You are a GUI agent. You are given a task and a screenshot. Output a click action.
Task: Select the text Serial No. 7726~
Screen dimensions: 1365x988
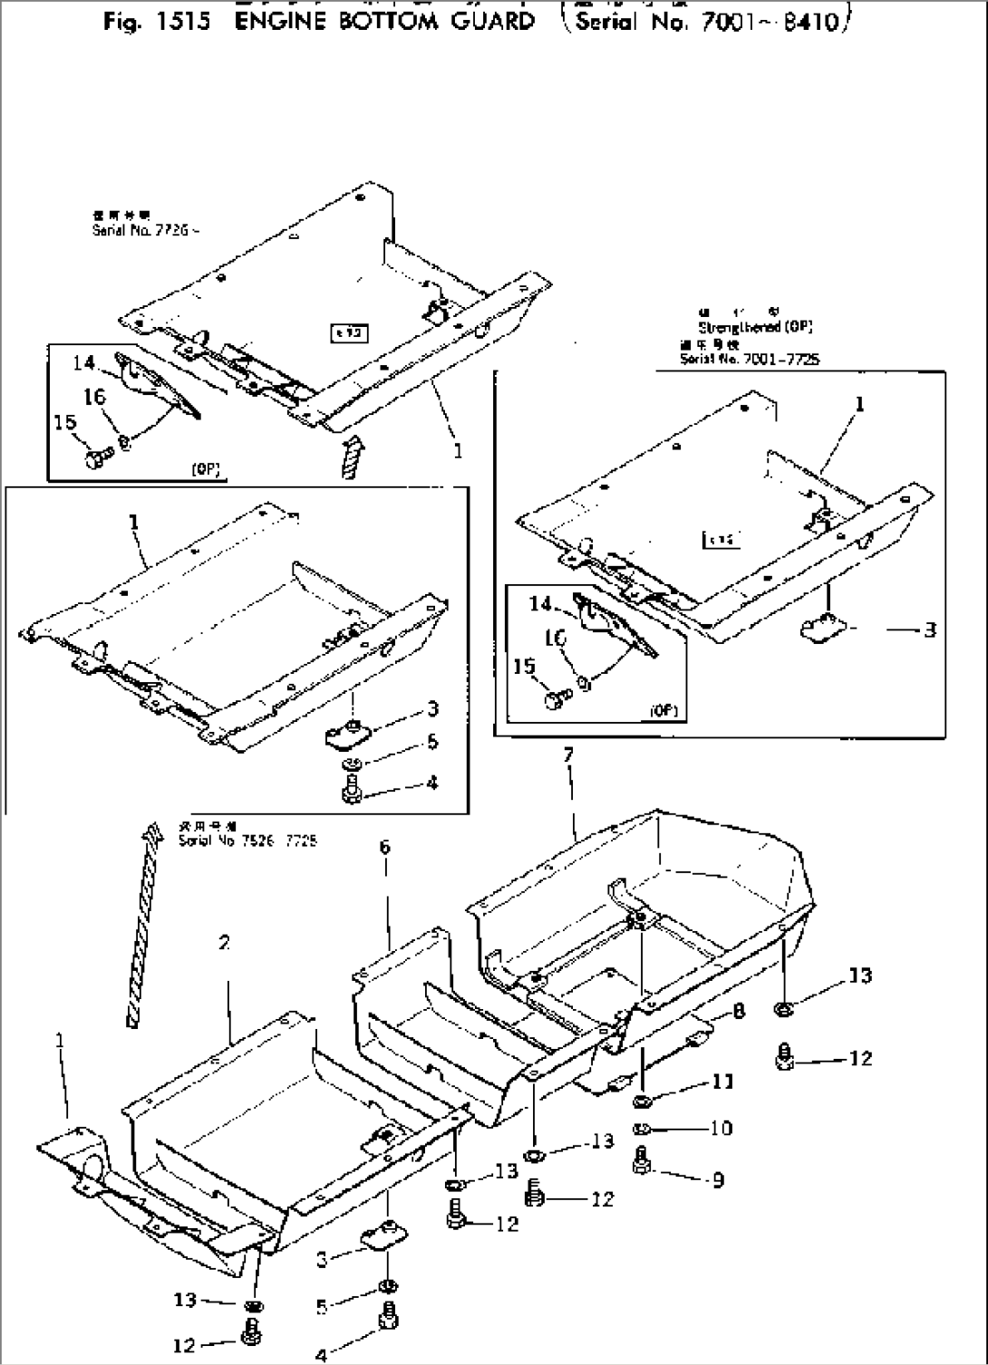(145, 231)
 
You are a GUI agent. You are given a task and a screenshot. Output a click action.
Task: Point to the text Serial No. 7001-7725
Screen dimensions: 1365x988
(750, 359)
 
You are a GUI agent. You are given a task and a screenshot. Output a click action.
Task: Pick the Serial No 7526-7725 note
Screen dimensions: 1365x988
(247, 841)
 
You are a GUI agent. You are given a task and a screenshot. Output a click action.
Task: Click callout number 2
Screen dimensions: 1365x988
(224, 943)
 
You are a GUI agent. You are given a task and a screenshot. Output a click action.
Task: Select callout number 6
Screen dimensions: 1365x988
(385, 846)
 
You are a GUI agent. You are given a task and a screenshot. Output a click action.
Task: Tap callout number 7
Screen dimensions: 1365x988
(568, 755)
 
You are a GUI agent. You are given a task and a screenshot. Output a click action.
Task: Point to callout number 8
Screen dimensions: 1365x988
(739, 1011)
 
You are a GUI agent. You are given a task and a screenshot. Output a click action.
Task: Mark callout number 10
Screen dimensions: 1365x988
(722, 1129)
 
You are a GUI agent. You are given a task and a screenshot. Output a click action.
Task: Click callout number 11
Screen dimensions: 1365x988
(722, 1081)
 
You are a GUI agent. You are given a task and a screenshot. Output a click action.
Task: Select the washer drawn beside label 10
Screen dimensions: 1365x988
(643, 1129)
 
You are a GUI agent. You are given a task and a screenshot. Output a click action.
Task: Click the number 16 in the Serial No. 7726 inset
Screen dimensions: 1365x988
(94, 398)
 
